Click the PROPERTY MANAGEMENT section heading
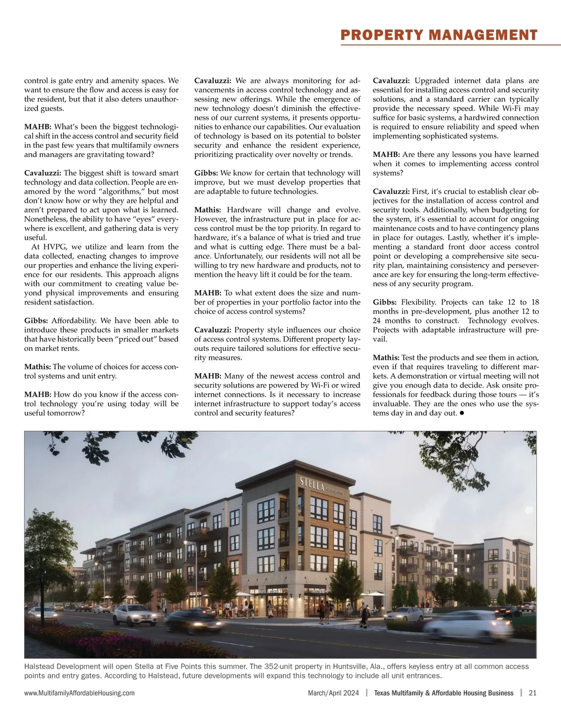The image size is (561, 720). [x=439, y=35]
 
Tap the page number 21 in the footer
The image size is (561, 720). [x=532, y=693]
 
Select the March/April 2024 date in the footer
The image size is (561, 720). [x=333, y=693]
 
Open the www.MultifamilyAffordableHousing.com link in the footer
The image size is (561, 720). [x=79, y=693]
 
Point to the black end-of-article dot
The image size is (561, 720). [x=461, y=413]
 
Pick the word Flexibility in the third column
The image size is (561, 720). [x=419, y=302]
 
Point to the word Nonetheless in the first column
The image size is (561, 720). [x=44, y=219]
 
